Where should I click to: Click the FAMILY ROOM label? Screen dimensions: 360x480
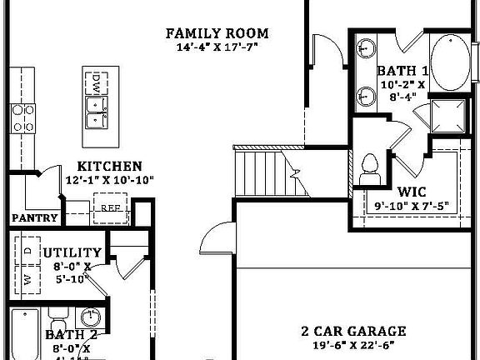click(x=217, y=33)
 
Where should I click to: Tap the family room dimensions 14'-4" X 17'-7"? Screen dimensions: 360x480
click(x=217, y=47)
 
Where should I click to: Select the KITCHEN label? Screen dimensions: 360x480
click(x=109, y=167)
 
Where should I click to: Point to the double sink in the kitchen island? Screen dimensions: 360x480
click(x=97, y=110)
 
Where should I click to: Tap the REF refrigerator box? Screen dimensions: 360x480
click(x=109, y=208)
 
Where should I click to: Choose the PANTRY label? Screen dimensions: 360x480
click(x=35, y=218)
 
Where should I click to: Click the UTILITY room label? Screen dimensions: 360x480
click(x=72, y=252)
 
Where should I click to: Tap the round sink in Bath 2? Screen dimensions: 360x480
click(x=91, y=317)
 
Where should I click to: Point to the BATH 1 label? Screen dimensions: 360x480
click(x=403, y=71)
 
